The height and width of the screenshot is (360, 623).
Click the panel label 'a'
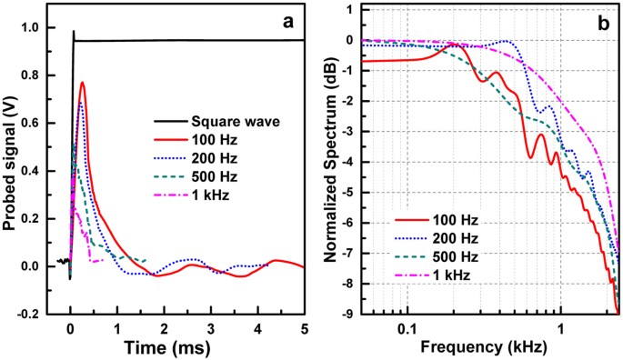[286, 25]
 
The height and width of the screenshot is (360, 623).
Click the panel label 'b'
[603, 25]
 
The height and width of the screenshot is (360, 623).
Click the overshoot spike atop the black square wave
[74, 32]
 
